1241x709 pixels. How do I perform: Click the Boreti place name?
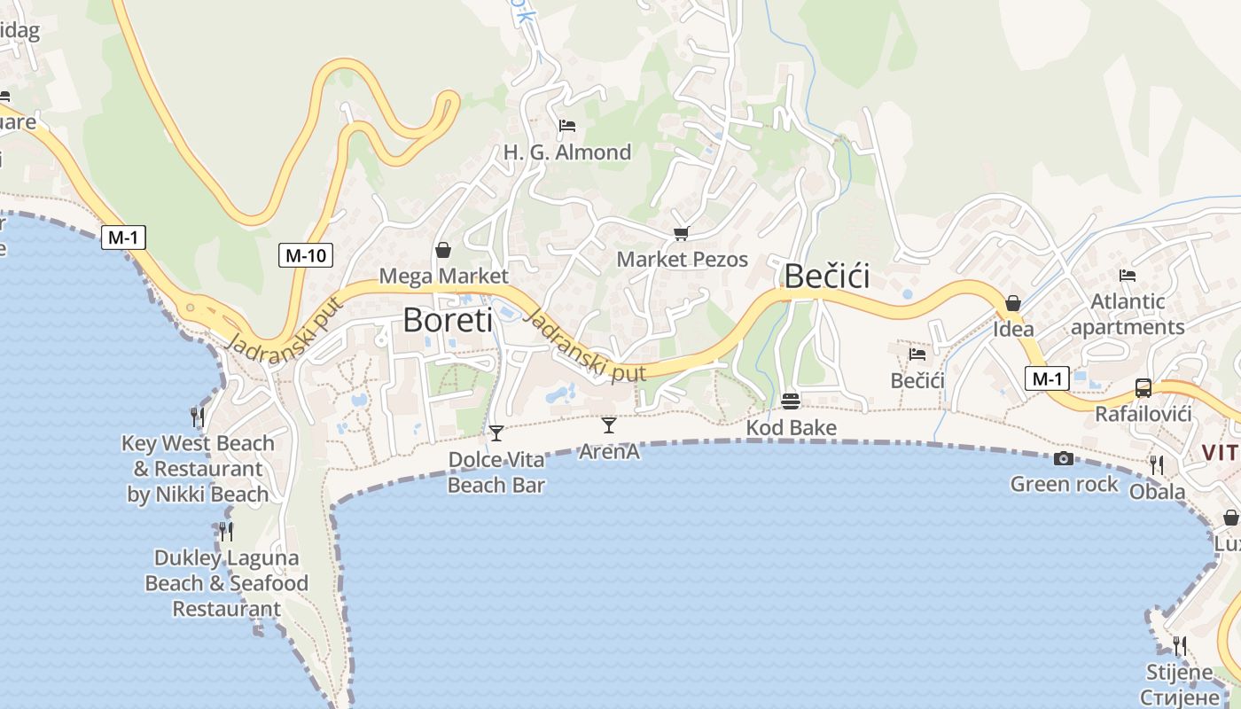tap(448, 320)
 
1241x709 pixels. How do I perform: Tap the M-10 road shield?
tap(306, 256)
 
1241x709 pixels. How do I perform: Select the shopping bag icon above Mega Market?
tap(443, 250)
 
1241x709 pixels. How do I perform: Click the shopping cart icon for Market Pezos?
tap(681, 233)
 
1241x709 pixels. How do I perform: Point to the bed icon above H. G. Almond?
tap(567, 126)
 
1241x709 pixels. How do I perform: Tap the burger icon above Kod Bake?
tap(791, 401)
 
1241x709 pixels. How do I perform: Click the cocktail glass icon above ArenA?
tap(609, 425)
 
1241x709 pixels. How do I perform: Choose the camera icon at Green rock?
tap(1064, 458)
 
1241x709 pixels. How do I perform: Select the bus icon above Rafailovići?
tap(1143, 388)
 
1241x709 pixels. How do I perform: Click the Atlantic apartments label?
tap(1128, 315)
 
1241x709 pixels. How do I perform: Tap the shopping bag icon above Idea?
tap(1012, 303)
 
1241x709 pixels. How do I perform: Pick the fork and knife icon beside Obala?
tap(1157, 464)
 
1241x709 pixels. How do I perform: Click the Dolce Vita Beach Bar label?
tap(496, 472)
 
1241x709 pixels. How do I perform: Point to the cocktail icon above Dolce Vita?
tap(496, 433)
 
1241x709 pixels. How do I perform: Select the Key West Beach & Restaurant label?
tap(198, 469)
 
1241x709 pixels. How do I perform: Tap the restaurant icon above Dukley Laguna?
tap(226, 531)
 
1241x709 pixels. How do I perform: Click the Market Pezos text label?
tap(683, 260)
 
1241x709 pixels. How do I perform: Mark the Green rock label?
tap(1065, 484)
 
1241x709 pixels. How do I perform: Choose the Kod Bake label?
tap(791, 428)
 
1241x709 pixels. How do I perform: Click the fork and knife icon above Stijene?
tap(1179, 645)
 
